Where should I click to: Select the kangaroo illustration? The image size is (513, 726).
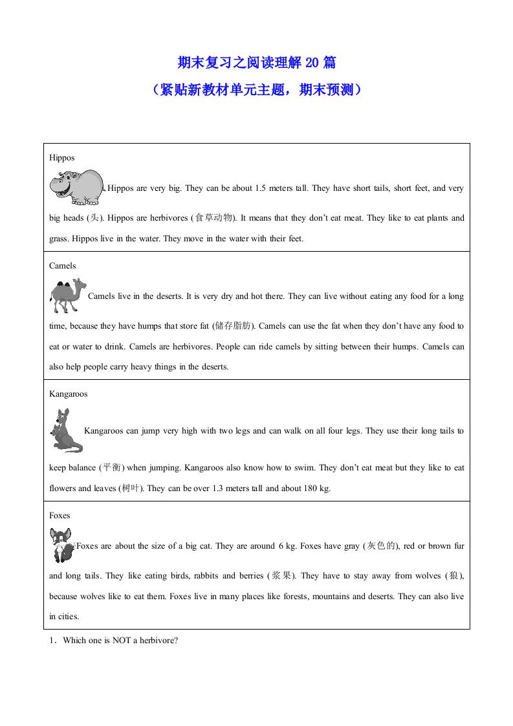[x=66, y=430]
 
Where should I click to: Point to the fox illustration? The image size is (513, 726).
[x=62, y=545]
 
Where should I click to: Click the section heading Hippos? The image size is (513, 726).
[x=62, y=157]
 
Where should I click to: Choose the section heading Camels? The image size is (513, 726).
[x=63, y=265]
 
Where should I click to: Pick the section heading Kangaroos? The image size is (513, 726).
[x=69, y=393]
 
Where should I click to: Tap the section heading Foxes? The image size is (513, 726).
[x=60, y=515]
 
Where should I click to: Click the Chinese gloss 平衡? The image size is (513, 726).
[x=112, y=467]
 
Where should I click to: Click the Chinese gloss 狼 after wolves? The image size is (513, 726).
[x=454, y=575]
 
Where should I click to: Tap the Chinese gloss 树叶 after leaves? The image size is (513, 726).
[x=130, y=488]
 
